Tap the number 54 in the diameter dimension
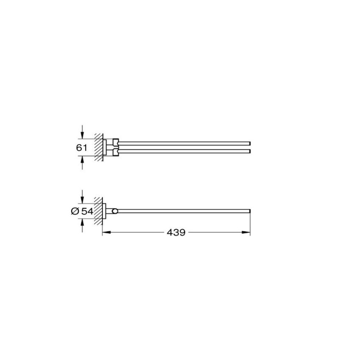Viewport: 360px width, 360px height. pyautogui.click(x=87, y=211)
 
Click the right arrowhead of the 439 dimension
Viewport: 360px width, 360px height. pyautogui.click(x=248, y=233)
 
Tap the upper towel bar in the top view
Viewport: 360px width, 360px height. pyautogui.click(x=186, y=143)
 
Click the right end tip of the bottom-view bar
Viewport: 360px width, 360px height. pyautogui.click(x=250, y=210)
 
